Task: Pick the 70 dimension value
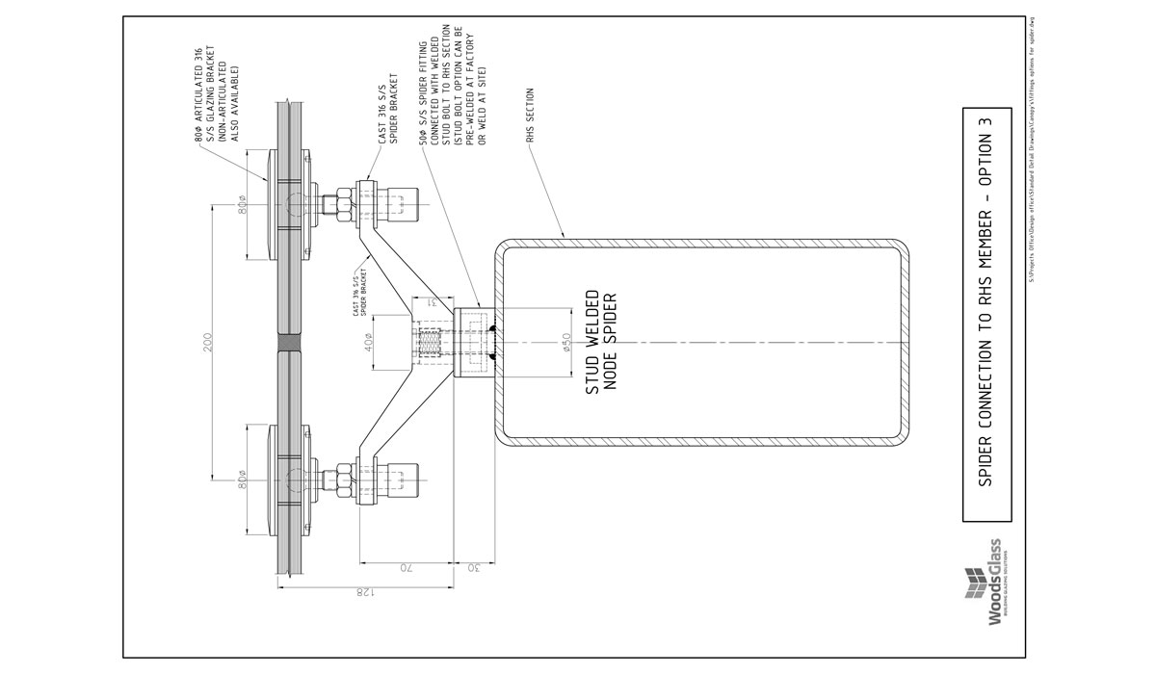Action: tap(407, 567)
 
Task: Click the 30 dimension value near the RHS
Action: tap(475, 567)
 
